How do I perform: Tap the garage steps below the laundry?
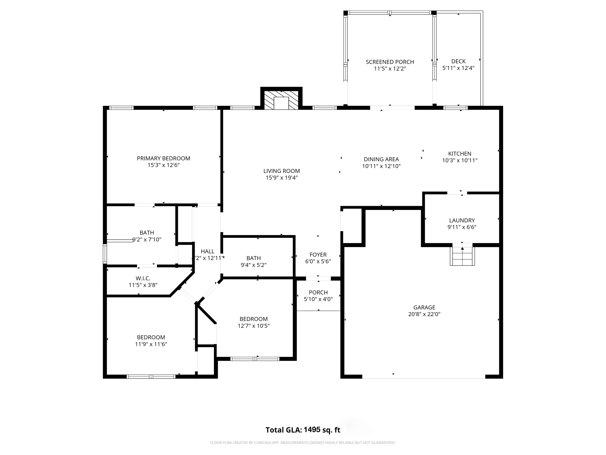[x=462, y=256]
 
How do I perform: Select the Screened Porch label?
[x=390, y=62]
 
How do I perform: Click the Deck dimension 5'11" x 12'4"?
[x=458, y=68]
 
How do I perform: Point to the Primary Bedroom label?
[x=163, y=158]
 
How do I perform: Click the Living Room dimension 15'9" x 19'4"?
[x=281, y=178]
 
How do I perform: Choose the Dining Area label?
[x=381, y=159]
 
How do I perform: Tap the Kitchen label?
[x=460, y=154]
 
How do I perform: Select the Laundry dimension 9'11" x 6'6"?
[x=462, y=227]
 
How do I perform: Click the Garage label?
[x=424, y=307]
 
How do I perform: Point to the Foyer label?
[x=318, y=255]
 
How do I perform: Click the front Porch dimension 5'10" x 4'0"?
[x=318, y=299]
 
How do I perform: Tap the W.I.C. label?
[x=143, y=278]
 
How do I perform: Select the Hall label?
[x=207, y=251]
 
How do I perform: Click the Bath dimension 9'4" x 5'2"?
[x=253, y=265]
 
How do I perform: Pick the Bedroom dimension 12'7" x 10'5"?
[x=253, y=326]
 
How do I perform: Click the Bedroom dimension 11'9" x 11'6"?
[x=151, y=344]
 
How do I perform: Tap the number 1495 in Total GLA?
[x=312, y=430]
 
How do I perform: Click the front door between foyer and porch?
[x=318, y=278]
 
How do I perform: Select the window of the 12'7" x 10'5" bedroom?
[x=255, y=359]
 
